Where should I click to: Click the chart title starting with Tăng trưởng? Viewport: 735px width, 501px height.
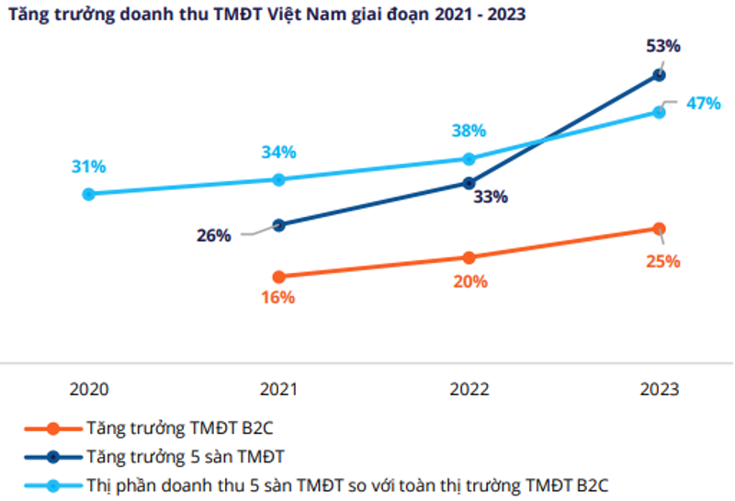(x=267, y=16)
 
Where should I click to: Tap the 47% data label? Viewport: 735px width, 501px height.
(x=703, y=103)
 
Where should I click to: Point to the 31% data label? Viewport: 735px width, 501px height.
(x=88, y=166)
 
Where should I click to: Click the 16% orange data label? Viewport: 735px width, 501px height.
(x=277, y=297)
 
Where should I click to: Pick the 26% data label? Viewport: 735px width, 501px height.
(x=213, y=235)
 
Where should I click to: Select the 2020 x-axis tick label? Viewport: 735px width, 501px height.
(x=88, y=389)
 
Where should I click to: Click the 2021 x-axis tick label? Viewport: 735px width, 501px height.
(x=278, y=389)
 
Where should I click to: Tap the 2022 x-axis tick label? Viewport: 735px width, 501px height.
(x=469, y=389)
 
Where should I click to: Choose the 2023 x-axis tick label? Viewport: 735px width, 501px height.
(x=659, y=389)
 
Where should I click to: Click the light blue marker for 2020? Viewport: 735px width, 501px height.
(x=88, y=194)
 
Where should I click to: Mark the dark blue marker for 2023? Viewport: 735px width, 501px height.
(x=659, y=74)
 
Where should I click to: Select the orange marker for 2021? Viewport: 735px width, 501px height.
(x=278, y=276)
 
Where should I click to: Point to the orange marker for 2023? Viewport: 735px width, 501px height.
(x=659, y=228)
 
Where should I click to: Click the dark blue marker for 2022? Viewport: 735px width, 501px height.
(x=469, y=183)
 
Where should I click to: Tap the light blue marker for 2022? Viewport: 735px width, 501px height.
(x=469, y=159)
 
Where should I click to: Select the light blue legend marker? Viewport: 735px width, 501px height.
(x=52, y=484)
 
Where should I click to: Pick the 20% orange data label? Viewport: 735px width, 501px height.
(x=469, y=281)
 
